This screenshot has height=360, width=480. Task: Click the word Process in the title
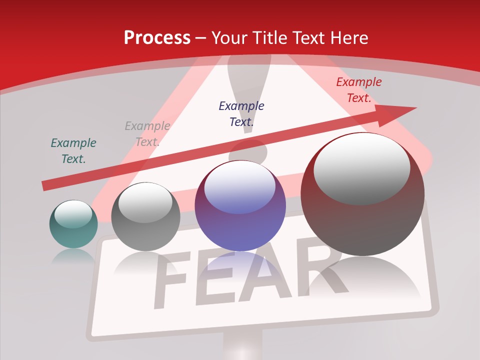157,38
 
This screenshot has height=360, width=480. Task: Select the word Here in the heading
348,38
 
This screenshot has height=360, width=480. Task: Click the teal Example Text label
73,151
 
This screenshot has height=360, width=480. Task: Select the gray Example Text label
147,134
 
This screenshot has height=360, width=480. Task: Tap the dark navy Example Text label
241,113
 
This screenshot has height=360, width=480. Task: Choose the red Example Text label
358,90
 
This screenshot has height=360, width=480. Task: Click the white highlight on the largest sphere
361,167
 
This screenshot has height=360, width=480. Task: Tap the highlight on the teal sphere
73,213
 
